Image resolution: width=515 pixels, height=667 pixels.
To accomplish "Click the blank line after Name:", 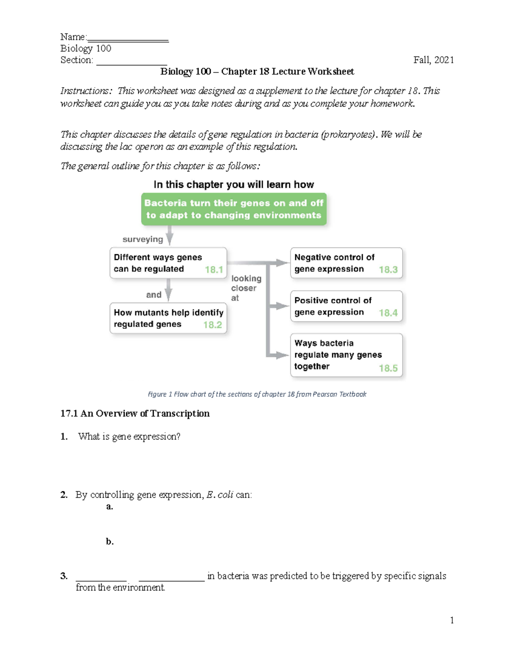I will tap(127, 40).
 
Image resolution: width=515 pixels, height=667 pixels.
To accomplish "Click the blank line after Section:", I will tap(131, 63).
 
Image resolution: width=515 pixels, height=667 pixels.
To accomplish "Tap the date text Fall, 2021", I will tap(433, 60).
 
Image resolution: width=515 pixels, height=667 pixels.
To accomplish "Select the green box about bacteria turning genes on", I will tap(234, 209).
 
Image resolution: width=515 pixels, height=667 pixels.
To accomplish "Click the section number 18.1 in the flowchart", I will tap(214, 270).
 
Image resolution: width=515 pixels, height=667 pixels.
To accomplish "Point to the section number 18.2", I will tap(212, 325).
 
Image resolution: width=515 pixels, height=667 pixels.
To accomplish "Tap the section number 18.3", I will tap(388, 270).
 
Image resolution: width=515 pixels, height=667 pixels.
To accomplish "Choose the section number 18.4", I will tap(388, 313).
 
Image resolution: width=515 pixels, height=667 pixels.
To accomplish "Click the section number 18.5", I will tap(388, 368).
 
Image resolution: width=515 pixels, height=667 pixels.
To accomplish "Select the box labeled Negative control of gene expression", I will tap(346, 263).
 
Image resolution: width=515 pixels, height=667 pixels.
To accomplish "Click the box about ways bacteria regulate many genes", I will tap(346, 355).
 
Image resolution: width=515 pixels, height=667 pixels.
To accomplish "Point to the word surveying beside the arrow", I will tap(143, 239).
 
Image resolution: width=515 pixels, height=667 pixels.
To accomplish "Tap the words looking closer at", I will tap(245, 288).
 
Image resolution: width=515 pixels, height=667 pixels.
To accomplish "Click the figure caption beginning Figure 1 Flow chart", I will tap(257, 394).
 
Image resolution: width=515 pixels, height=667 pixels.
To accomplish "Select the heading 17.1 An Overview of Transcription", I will tap(135, 414).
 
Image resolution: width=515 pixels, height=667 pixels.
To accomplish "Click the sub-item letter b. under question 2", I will tap(110, 542).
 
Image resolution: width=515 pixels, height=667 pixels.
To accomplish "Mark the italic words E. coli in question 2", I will tap(220, 495).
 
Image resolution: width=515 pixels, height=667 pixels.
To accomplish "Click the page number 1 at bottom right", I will tap(451, 620).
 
